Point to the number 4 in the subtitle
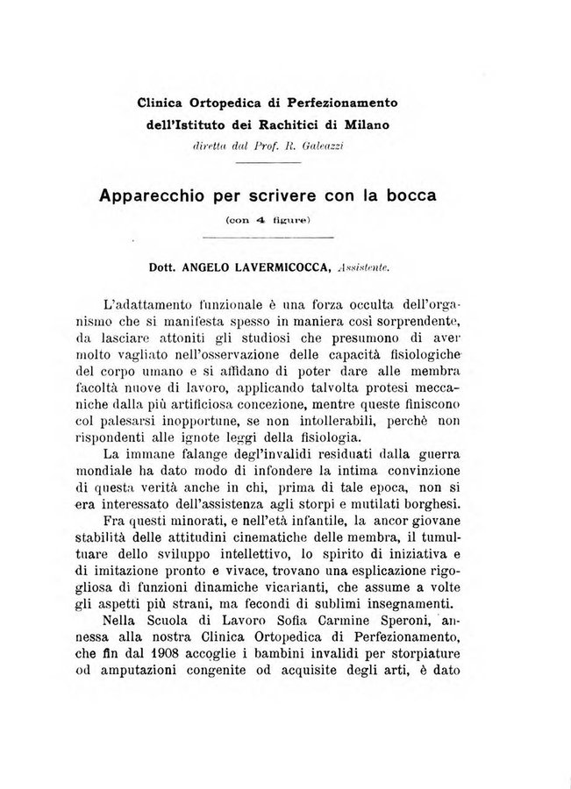(x=261, y=221)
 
